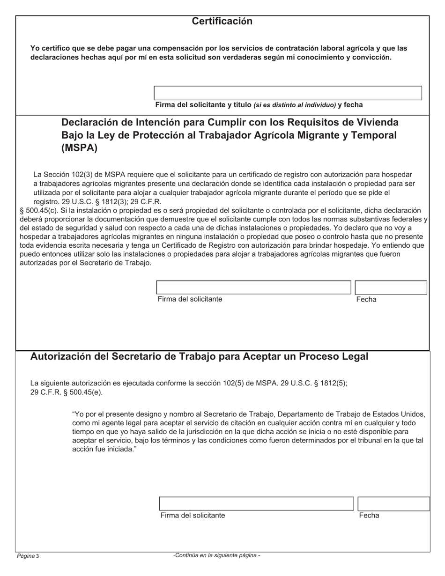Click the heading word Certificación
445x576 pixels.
click(222, 22)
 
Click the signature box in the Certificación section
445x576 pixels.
click(288, 93)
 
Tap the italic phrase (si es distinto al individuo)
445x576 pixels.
click(295, 105)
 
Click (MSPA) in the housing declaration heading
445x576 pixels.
click(80, 148)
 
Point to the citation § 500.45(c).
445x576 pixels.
click(39, 211)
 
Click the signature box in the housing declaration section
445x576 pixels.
click(253, 287)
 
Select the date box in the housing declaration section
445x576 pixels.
click(391, 287)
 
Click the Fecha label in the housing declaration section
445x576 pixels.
click(366, 300)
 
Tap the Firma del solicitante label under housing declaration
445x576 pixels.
click(190, 299)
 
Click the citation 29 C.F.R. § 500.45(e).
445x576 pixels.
click(66, 392)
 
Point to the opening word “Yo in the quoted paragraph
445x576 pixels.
click(78, 414)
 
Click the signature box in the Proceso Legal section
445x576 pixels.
click(256, 503)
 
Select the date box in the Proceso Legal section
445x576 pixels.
click(393, 503)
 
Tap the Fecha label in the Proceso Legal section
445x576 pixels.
click(369, 516)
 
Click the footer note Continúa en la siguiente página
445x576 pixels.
click(216, 555)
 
